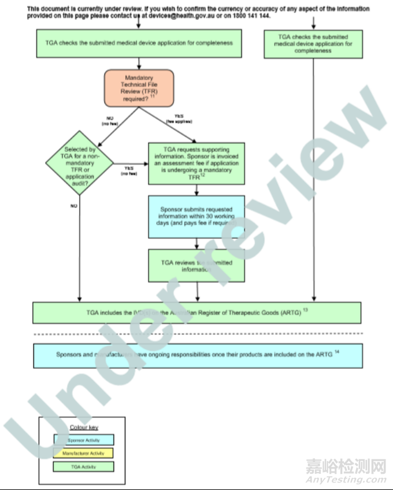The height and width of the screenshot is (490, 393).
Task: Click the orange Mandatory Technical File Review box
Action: pos(139,88)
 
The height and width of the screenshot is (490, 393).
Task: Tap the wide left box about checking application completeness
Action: pos(138,43)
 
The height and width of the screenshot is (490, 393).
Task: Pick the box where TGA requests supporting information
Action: pos(196,164)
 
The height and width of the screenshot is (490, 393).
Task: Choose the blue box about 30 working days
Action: pos(196,217)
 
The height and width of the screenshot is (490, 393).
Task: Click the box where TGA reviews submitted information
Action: pos(196,266)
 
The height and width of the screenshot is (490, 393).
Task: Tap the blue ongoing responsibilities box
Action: pos(197,355)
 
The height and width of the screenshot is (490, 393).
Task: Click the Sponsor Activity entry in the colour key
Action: pos(84,440)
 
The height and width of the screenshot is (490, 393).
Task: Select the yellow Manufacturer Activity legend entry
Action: pos(84,453)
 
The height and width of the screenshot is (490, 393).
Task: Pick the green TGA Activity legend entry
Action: pos(84,466)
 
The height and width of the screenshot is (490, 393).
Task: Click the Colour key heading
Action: pos(84,428)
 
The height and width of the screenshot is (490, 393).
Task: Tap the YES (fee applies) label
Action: pos(179,120)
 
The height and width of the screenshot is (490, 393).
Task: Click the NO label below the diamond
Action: pos(74,205)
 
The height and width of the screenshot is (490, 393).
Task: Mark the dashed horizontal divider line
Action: pos(197,334)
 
